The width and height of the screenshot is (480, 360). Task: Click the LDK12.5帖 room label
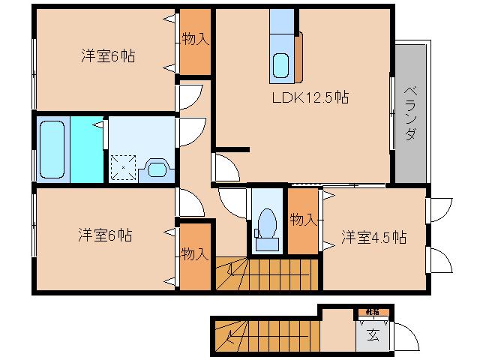pyautogui.click(x=309, y=97)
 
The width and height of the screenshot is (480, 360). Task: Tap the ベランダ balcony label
pyautogui.click(x=409, y=113)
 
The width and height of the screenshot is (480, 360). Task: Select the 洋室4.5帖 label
pyautogui.click(x=374, y=237)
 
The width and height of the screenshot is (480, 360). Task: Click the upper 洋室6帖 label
pyautogui.click(x=108, y=55)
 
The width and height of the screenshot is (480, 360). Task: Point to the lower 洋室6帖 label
pyautogui.click(x=105, y=235)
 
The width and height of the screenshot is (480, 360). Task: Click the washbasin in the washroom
pyautogui.click(x=158, y=167)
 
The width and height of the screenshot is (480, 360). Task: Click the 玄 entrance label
pyautogui.click(x=373, y=334)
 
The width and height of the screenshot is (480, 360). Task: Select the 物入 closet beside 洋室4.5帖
pyautogui.click(x=303, y=220)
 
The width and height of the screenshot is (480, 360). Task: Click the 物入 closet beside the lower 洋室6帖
pyautogui.click(x=194, y=255)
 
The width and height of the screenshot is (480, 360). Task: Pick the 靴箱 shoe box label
pyautogui.click(x=372, y=311)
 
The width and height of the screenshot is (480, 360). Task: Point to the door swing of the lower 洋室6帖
pyautogui.click(x=188, y=202)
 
